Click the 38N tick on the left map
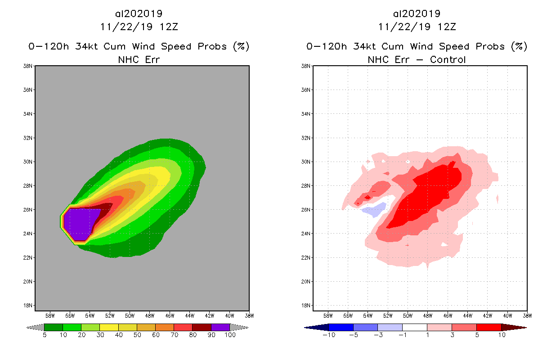[x=28, y=66]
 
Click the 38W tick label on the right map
[x=527, y=315]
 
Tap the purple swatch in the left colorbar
[x=220, y=327]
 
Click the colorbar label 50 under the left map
[x=137, y=335]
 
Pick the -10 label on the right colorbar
[x=328, y=335]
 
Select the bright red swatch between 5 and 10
[x=489, y=327]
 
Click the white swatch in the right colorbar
[x=414, y=327]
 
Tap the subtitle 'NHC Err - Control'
[x=417, y=59]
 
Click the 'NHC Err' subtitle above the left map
[x=139, y=59]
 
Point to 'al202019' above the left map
[x=139, y=14]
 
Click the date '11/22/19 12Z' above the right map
[x=417, y=27]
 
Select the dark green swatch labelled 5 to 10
[x=54, y=327]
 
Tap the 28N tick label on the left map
[x=28, y=185]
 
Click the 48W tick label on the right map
[x=427, y=315]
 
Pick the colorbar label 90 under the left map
[x=211, y=335]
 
